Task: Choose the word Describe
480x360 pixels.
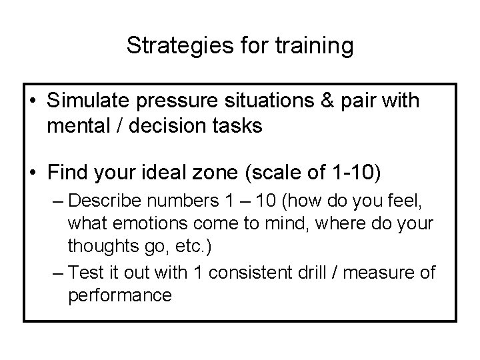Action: tap(106, 201)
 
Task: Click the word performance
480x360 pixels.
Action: tap(120, 294)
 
